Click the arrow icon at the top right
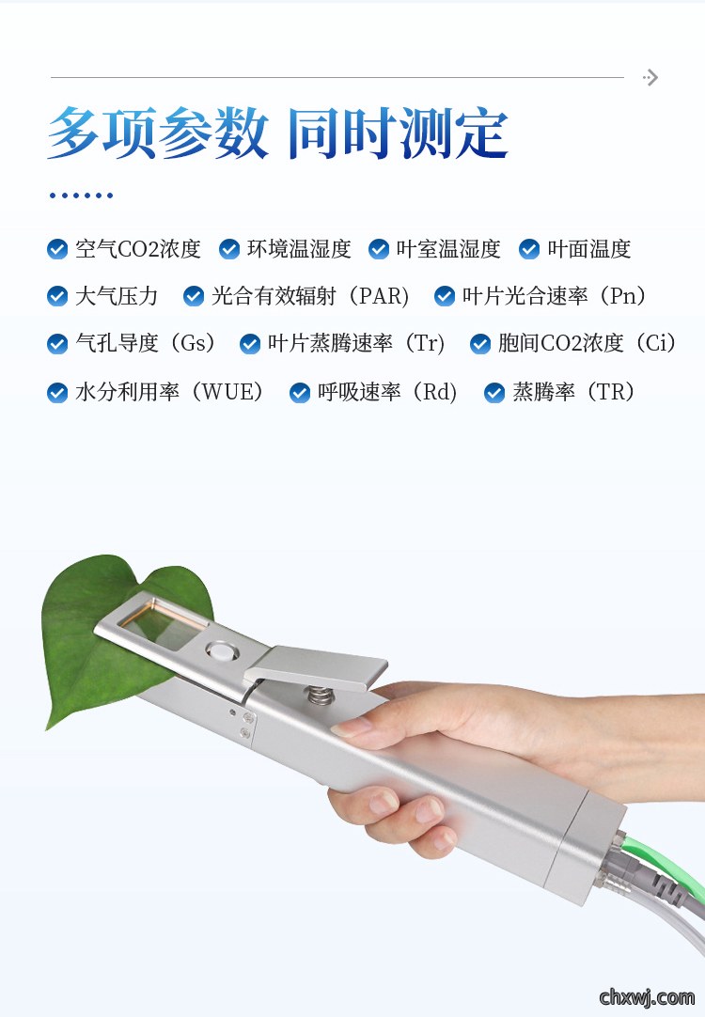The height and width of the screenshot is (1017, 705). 650,78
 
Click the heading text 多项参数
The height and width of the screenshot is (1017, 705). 158,133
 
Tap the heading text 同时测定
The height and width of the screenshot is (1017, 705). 398,133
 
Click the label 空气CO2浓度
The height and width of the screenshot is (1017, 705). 138,249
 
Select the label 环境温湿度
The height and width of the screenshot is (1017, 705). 299,249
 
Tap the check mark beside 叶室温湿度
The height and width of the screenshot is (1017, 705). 379,249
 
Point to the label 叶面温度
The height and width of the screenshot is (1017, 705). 588,249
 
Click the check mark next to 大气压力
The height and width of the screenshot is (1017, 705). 57,296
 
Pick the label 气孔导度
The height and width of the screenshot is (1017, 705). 117,343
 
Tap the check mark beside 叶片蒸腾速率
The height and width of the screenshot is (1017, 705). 250,344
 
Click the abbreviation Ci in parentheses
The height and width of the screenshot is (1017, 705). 656,343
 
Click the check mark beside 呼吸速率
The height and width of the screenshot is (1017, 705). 300,392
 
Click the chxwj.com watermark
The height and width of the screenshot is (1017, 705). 647,996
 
